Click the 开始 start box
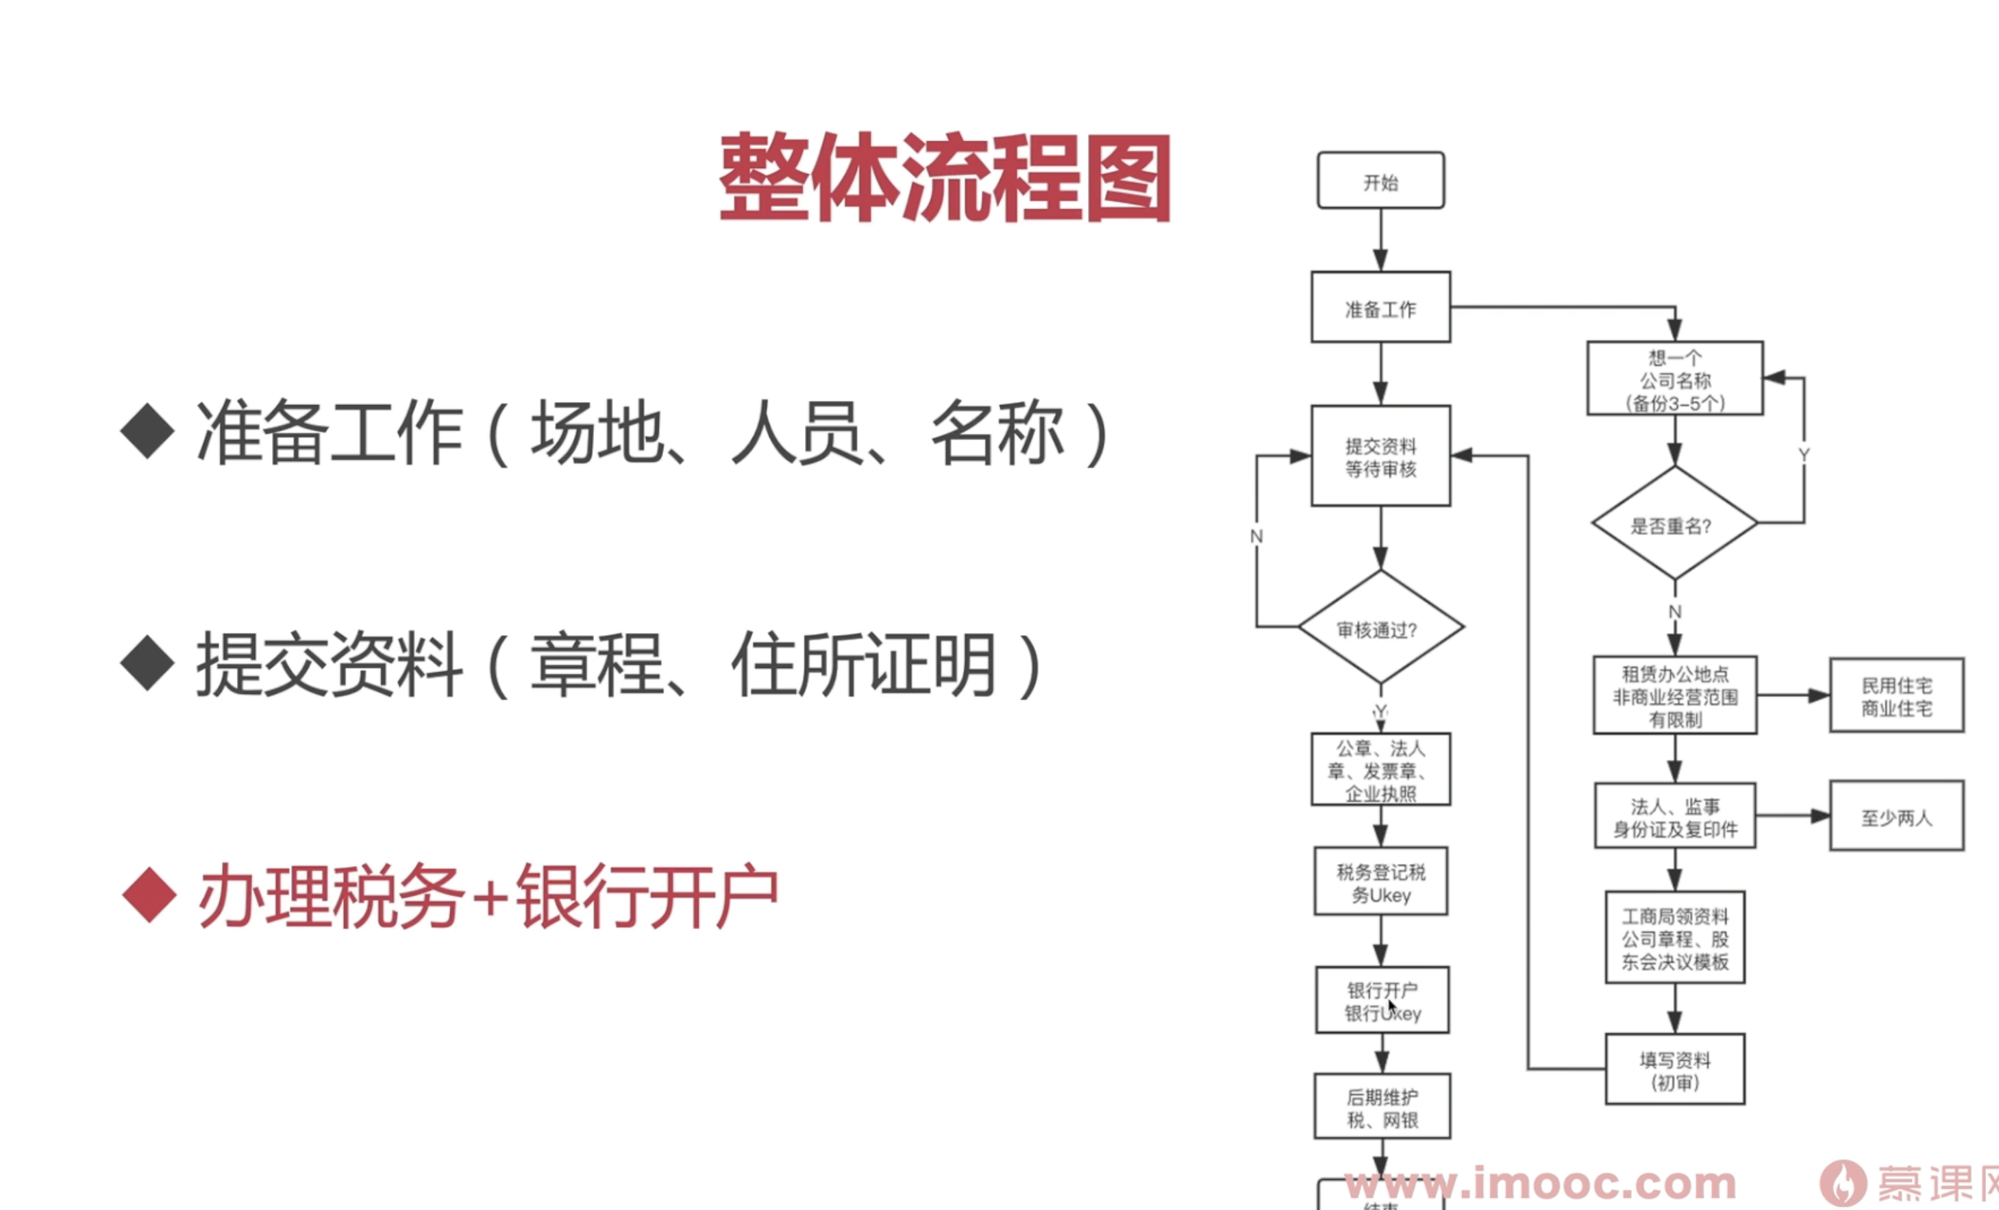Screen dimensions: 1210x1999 click(1380, 180)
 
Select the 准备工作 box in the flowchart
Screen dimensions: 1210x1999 click(1380, 308)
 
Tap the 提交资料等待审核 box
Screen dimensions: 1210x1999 click(1380, 456)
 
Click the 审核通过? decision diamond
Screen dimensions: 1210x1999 click(1380, 628)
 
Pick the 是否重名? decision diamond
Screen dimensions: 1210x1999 click(1674, 523)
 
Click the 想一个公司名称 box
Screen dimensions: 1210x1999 click(1674, 379)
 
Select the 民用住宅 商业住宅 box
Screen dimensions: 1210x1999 click(1896, 695)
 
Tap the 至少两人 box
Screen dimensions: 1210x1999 click(1896, 817)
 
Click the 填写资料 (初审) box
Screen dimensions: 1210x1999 click(1674, 1070)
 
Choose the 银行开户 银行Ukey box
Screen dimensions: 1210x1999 click(1382, 1000)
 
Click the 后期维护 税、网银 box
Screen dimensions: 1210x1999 click(1382, 1107)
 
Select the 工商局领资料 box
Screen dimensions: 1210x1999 click(1674, 938)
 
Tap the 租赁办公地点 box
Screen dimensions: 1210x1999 click(1674, 695)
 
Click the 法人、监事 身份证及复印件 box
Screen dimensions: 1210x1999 click(1674, 817)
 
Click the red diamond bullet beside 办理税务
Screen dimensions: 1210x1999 click(149, 895)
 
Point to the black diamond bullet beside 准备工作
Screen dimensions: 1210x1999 click(148, 431)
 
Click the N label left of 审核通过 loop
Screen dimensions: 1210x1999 click(1256, 536)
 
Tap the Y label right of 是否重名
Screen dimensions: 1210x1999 click(1804, 454)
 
